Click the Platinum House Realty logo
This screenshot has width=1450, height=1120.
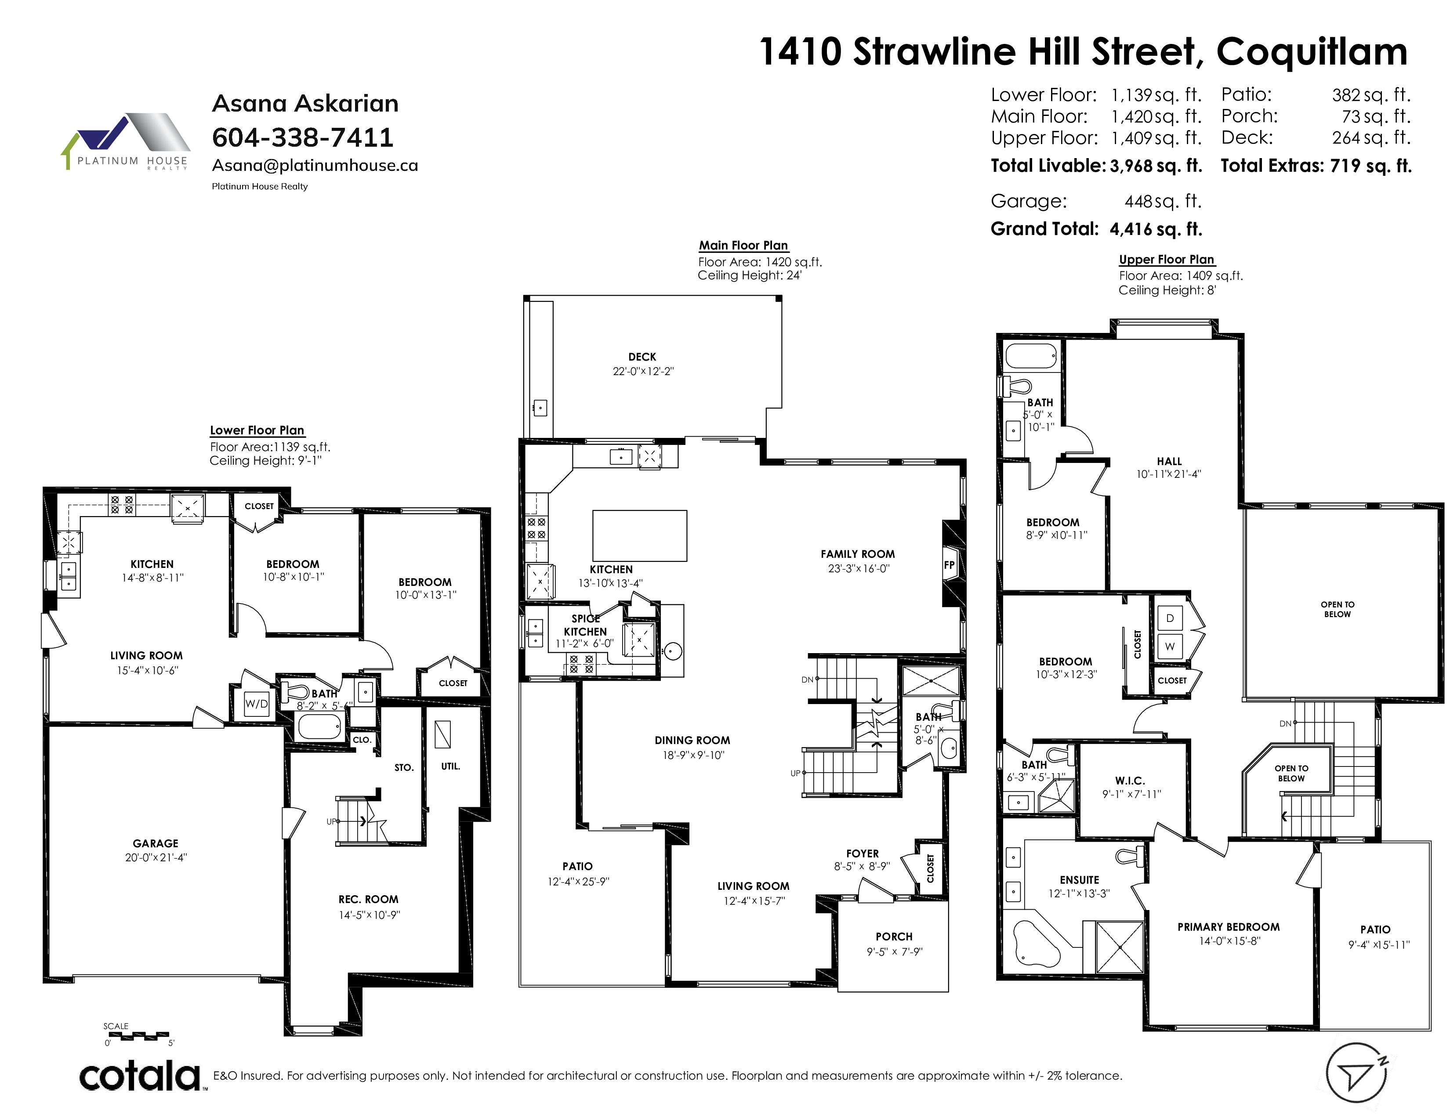126,142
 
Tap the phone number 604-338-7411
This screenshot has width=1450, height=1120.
303,137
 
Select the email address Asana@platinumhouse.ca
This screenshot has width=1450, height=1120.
315,165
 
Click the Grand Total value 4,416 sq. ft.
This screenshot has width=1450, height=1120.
1156,229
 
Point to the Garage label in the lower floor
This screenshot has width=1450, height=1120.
156,843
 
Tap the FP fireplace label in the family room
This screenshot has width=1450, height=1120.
950,565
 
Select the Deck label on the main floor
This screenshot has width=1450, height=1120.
642,357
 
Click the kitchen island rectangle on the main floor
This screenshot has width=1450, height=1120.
639,535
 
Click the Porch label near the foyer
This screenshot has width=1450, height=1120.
894,936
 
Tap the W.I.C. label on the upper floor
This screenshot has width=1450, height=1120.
1130,781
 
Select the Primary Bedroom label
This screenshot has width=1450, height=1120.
1228,927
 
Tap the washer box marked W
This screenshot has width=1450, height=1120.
1170,646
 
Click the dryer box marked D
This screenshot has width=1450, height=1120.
1170,618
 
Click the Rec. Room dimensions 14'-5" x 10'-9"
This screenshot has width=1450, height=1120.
369,915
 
